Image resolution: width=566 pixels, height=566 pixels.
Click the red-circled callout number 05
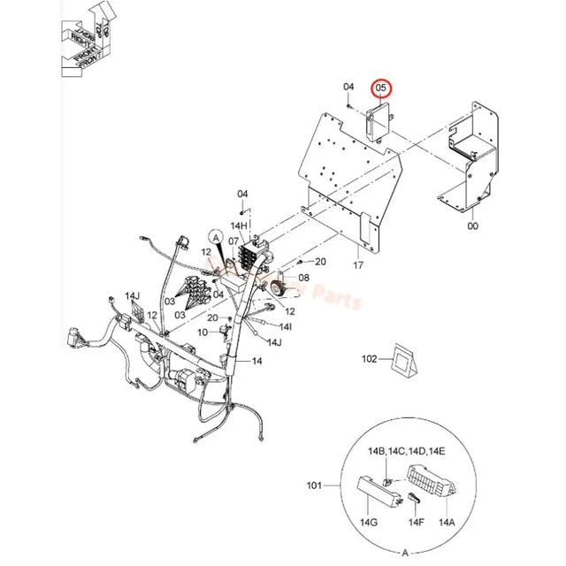click(381, 88)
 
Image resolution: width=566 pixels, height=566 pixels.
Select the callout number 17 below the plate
click(358, 264)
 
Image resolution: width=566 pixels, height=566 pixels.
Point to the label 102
click(370, 359)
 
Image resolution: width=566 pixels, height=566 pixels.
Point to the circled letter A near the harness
click(215, 235)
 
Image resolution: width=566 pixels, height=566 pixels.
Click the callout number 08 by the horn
click(304, 277)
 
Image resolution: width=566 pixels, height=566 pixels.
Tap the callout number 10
click(202, 332)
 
